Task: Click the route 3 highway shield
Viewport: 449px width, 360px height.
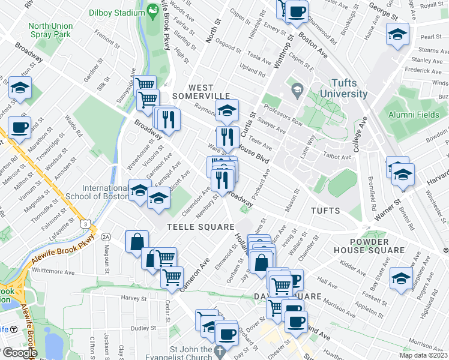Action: [x=87, y=224]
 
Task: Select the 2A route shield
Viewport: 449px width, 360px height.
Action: [x=106, y=236]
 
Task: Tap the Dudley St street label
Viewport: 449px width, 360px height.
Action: [x=139, y=328]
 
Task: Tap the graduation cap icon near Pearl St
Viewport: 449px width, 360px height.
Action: [x=397, y=35]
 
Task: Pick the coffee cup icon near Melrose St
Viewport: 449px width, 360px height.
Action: [x=19, y=128]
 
